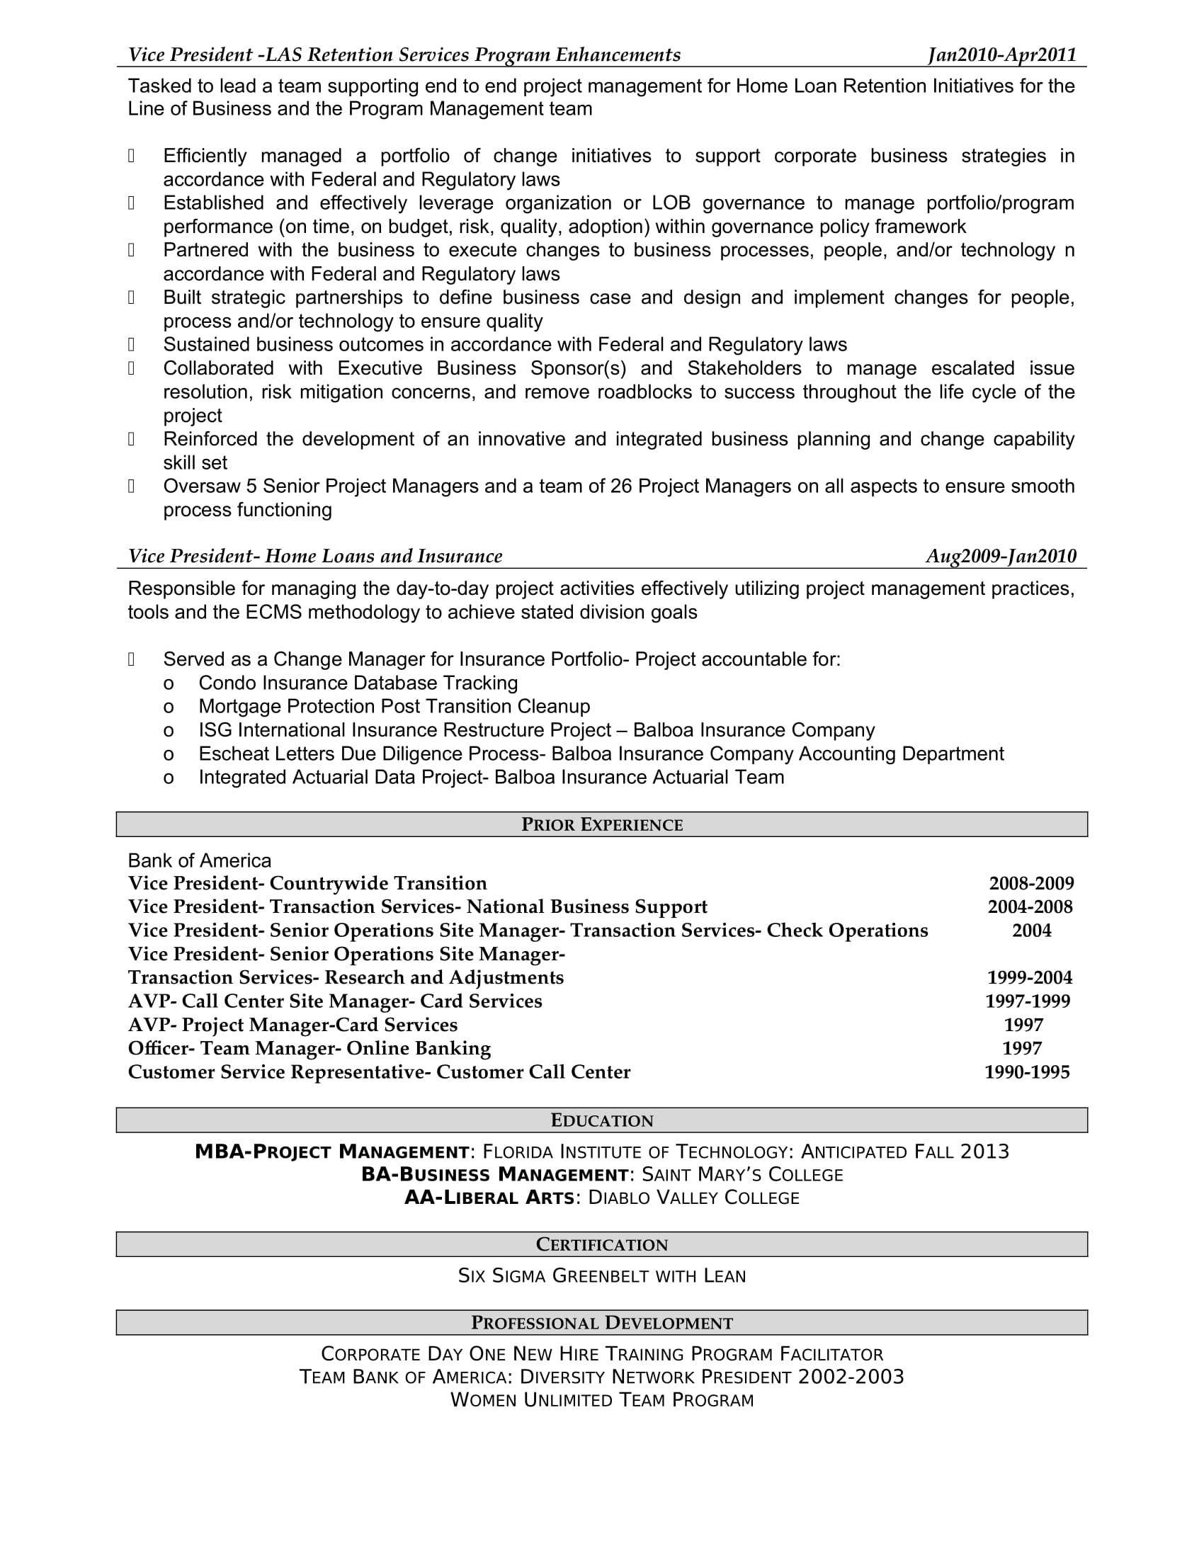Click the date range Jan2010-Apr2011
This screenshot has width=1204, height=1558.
[x=1001, y=55]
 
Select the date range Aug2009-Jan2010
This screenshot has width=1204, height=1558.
[x=1001, y=556]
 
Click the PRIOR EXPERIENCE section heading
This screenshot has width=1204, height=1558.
[x=602, y=824]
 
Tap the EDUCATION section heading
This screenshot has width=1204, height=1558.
[x=602, y=1120]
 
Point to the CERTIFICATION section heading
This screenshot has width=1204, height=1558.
[x=602, y=1244]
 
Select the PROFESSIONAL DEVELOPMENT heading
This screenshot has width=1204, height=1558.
[x=602, y=1323]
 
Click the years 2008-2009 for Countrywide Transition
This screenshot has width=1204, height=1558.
[x=1030, y=883]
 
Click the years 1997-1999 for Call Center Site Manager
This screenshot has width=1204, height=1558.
[x=1027, y=1001]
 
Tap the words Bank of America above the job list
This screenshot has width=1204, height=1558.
[x=200, y=860]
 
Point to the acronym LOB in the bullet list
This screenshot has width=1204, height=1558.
[x=671, y=203]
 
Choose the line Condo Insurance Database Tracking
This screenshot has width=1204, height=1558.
[x=358, y=683]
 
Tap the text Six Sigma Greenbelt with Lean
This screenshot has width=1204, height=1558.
[x=602, y=1275]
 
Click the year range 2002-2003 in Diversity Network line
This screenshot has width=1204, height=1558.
[x=850, y=1377]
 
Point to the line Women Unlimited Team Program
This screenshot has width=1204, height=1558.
[x=602, y=1399]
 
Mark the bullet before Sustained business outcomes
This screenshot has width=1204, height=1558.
[x=131, y=345]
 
